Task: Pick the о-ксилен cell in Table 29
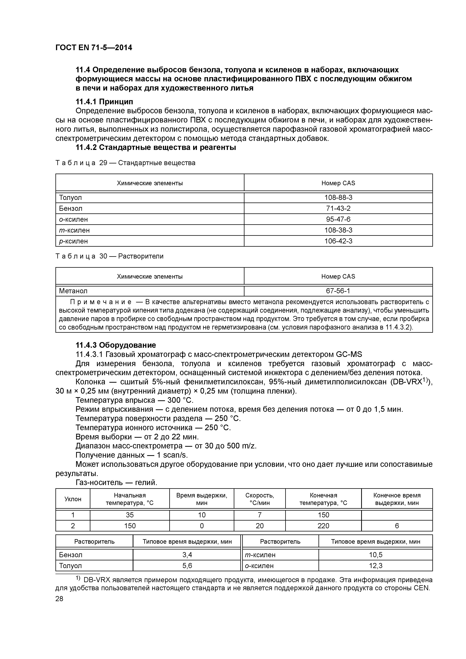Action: [73, 219]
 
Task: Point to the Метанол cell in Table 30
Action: [73, 291]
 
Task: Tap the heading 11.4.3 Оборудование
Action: [116, 345]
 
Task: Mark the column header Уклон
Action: [73, 499]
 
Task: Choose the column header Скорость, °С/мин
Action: [259, 499]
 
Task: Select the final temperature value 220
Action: [323, 526]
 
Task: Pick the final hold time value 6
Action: [397, 526]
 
